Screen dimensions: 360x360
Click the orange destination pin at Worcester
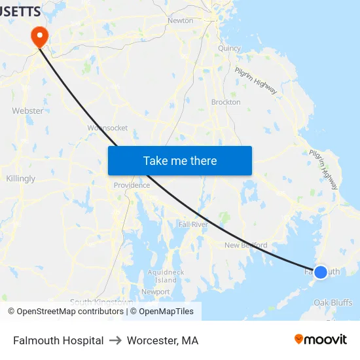click(40, 35)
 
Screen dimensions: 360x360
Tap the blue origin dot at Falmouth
click(321, 272)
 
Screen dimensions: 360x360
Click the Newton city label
click(180, 20)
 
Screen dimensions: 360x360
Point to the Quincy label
click(229, 48)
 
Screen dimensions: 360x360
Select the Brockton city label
click(226, 102)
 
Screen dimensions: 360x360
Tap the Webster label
click(27, 111)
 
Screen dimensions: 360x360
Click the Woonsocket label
click(107, 128)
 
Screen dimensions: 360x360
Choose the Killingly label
click(20, 179)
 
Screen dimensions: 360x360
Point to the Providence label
click(132, 185)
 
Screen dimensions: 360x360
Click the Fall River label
click(192, 225)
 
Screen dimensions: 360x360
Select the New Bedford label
click(245, 245)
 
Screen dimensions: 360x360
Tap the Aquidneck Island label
click(166, 276)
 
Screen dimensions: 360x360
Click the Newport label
click(156, 292)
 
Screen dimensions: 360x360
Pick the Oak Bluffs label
click(333, 302)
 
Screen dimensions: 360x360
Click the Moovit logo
click(321, 340)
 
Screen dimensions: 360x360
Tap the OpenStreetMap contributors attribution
click(65, 312)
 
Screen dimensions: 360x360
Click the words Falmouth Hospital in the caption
click(58, 340)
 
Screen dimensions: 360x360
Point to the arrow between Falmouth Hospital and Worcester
click(115, 340)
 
